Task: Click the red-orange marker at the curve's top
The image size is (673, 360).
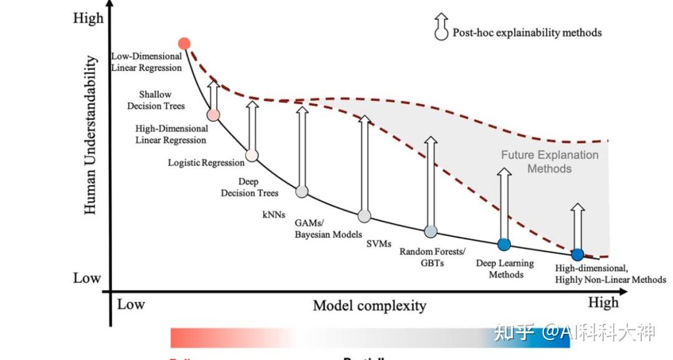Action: pyautogui.click(x=184, y=43)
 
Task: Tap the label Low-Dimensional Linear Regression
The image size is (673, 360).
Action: pyautogui.click(x=146, y=62)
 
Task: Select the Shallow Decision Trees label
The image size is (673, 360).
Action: pyautogui.click(x=156, y=100)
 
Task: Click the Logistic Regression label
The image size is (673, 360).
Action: pyautogui.click(x=206, y=163)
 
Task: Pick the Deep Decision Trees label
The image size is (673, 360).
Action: pyautogui.click(x=249, y=187)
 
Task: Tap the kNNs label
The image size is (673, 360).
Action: pyautogui.click(x=274, y=215)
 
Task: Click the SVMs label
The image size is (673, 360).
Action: pyautogui.click(x=379, y=244)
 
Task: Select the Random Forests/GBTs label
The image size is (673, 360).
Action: pyautogui.click(x=432, y=257)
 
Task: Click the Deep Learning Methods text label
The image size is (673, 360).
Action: pyautogui.click(x=505, y=268)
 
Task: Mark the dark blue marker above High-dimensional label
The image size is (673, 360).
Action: pyautogui.click(x=578, y=254)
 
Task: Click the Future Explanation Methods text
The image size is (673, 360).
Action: pyautogui.click(x=550, y=162)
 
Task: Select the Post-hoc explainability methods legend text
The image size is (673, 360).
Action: pyautogui.click(x=527, y=32)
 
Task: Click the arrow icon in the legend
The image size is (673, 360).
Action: pyautogui.click(x=441, y=27)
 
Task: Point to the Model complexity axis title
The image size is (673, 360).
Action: pyautogui.click(x=370, y=305)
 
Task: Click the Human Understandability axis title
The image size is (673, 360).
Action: pyautogui.click(x=91, y=136)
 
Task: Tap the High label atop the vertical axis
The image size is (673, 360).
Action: pyautogui.click(x=88, y=18)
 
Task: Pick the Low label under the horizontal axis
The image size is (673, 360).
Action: pyautogui.click(x=131, y=304)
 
